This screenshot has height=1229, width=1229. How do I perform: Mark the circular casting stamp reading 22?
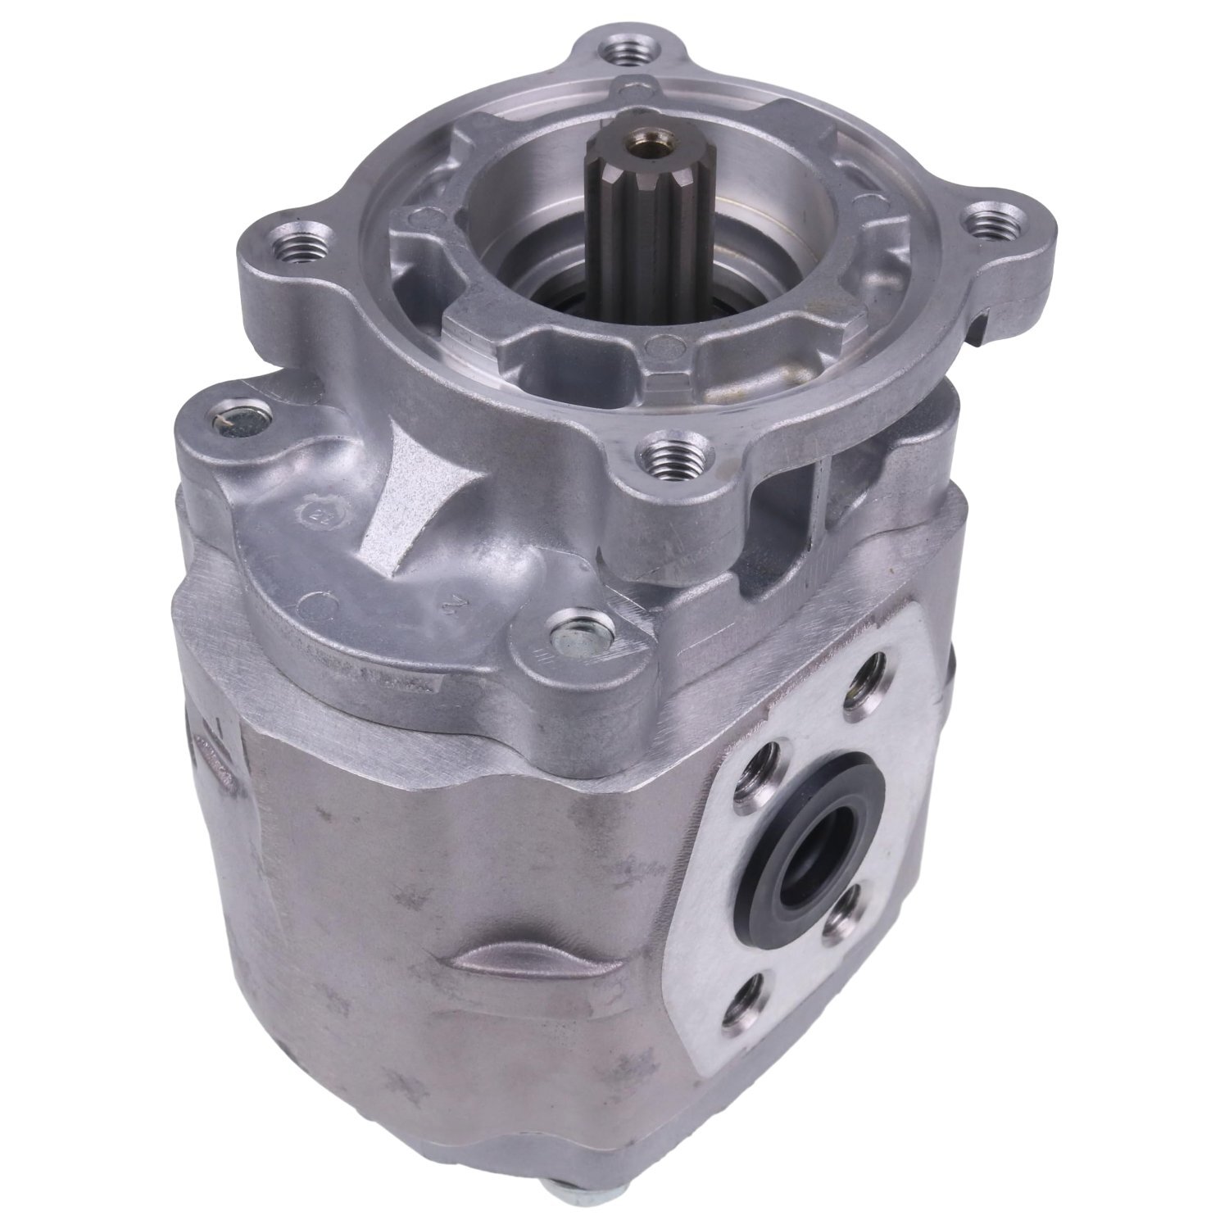pos(314,516)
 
